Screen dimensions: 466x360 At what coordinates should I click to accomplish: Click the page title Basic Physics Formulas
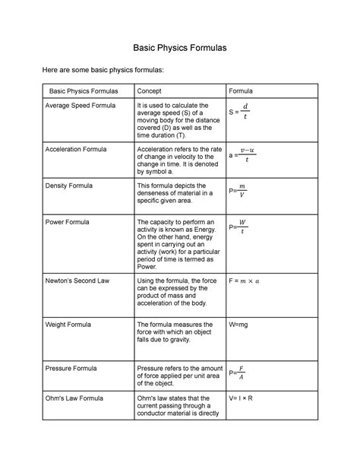point(180,48)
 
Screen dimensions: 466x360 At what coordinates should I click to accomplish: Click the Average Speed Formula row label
point(81,106)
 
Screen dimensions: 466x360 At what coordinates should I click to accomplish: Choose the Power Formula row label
point(68,222)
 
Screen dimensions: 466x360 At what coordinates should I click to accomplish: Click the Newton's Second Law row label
point(77,281)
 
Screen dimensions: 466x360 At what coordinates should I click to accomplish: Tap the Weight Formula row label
point(71,324)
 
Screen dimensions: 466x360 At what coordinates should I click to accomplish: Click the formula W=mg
point(242,324)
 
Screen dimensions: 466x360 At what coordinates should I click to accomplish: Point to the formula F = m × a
point(249,281)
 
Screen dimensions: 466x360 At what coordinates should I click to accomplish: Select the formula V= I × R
point(245,397)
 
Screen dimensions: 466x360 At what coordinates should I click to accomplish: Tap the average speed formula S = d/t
point(238,112)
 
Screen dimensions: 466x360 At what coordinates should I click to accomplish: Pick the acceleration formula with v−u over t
point(241,154)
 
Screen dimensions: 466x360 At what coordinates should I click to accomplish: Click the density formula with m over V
point(238,191)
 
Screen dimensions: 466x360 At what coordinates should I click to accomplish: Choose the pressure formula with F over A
point(238,373)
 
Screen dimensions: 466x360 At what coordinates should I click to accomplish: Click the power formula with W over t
point(238,227)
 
